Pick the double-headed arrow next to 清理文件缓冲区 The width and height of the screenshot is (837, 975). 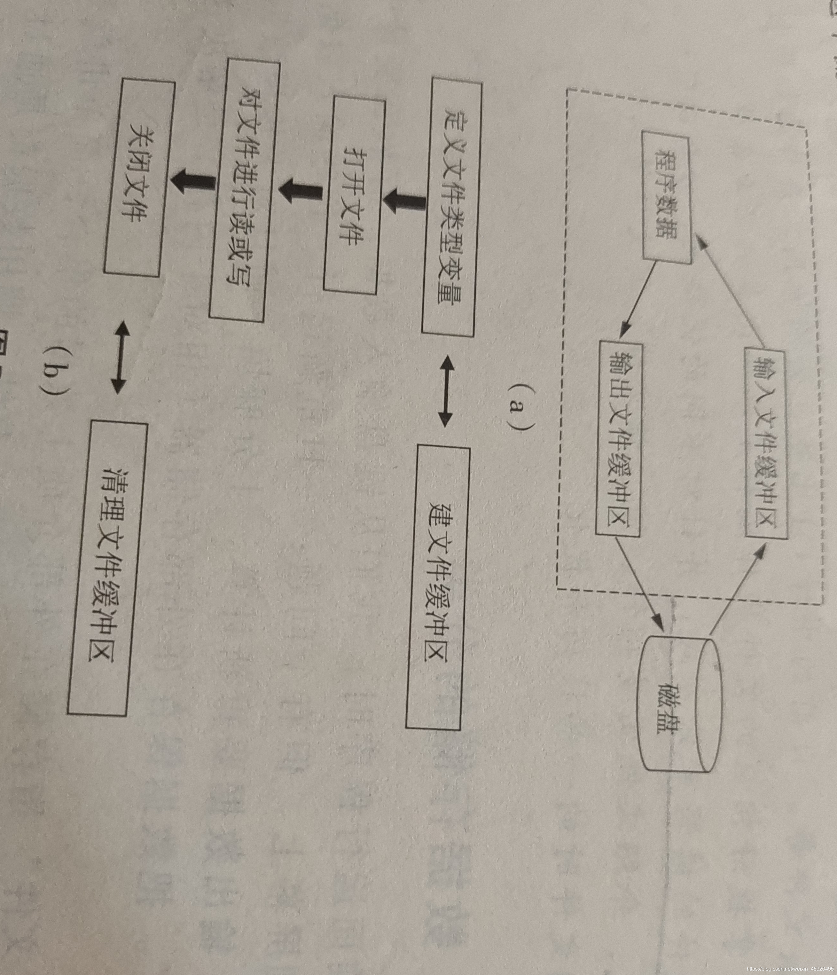click(120, 357)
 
